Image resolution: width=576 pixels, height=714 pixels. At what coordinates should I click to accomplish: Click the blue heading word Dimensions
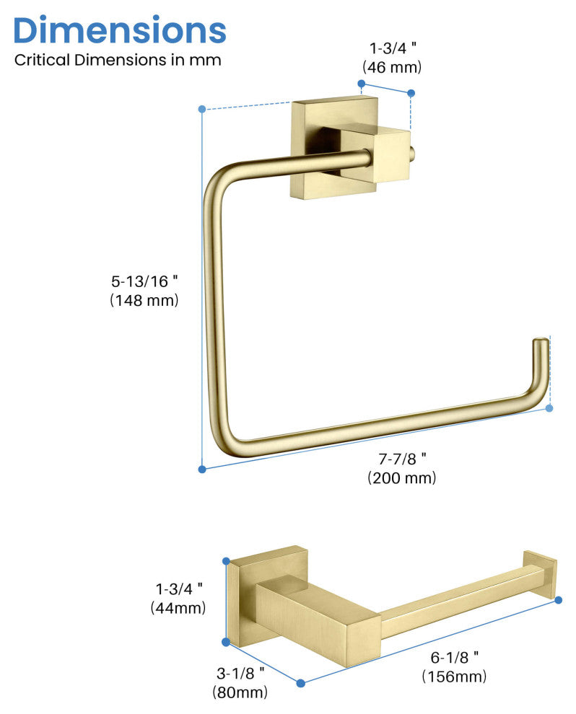120,30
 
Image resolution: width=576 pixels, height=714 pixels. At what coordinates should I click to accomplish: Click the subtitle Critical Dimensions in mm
118,60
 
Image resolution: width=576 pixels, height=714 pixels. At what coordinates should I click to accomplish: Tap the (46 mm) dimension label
391,67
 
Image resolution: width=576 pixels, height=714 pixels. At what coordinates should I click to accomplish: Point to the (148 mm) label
144,300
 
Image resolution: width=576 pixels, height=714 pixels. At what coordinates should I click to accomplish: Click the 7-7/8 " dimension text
401,458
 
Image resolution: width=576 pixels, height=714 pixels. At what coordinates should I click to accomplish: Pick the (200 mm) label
401,477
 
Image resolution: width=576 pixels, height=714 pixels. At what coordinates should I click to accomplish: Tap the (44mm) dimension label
178,608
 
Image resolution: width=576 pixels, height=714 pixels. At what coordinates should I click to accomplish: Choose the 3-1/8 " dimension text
240,673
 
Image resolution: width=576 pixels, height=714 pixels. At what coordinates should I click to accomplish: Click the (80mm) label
240,692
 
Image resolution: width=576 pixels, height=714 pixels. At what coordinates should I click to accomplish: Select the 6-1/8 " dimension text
455,656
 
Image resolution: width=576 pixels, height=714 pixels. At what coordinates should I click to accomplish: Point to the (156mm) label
455,676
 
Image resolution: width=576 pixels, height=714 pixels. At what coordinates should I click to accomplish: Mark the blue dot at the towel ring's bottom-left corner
202,469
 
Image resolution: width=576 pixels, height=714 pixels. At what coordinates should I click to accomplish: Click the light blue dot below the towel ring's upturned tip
549,408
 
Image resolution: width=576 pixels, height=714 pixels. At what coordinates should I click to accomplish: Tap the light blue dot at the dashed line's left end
202,109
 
